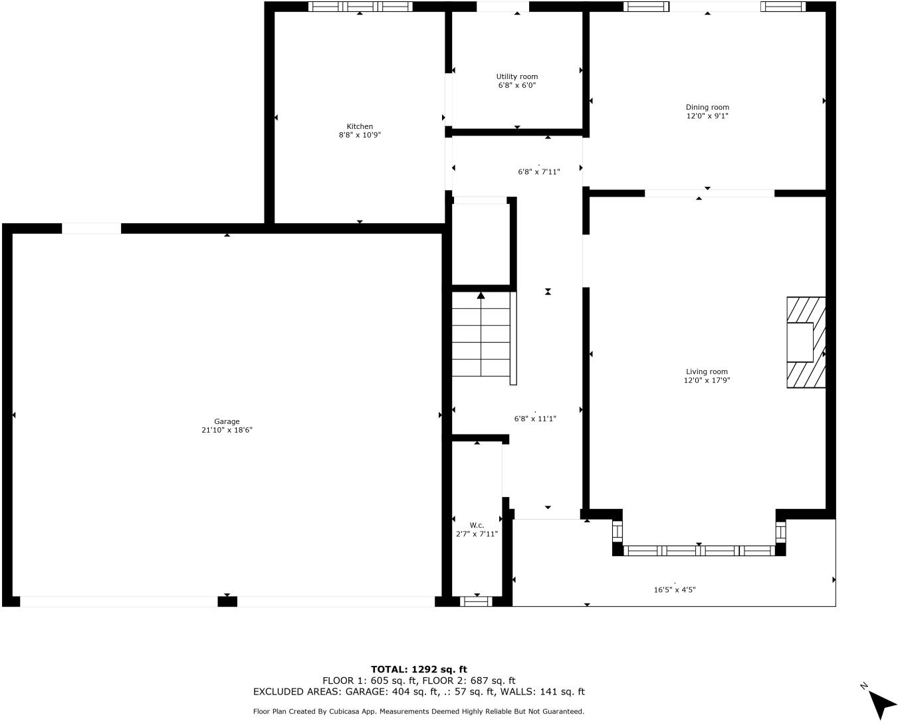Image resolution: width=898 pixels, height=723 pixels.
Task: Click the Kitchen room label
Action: coord(360,126)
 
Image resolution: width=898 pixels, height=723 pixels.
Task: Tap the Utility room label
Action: coord(516,76)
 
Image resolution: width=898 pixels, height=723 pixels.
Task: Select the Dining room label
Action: coord(707,107)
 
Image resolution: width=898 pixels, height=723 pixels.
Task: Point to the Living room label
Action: coord(707,371)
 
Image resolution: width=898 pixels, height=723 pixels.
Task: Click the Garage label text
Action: coord(227,421)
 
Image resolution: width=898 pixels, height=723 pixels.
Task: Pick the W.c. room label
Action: coord(477,525)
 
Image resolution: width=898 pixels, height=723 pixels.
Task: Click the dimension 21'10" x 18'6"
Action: coord(227,430)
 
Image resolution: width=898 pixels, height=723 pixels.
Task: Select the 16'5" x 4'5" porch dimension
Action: coord(675,589)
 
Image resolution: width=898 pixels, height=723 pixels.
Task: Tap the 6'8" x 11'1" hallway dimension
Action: coord(535,419)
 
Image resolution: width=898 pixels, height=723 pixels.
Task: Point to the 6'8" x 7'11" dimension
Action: coord(538,171)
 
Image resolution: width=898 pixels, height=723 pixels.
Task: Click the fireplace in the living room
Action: coord(806,342)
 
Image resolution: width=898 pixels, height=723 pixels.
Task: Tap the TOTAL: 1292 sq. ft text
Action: coord(419,669)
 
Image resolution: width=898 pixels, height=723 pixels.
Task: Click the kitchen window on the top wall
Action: coord(360,7)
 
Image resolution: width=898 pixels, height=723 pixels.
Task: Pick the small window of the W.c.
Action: coord(476,601)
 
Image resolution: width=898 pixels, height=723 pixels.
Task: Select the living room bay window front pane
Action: coord(699,550)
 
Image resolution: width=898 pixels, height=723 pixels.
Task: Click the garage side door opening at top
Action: coord(91,229)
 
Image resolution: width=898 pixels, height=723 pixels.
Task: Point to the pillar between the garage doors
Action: coord(227,601)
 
